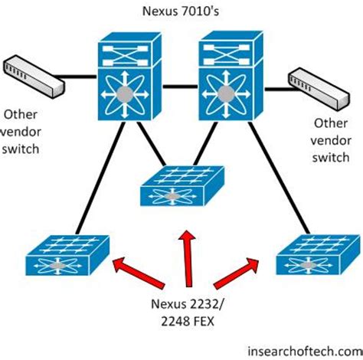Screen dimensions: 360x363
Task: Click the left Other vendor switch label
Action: tap(21, 131)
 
